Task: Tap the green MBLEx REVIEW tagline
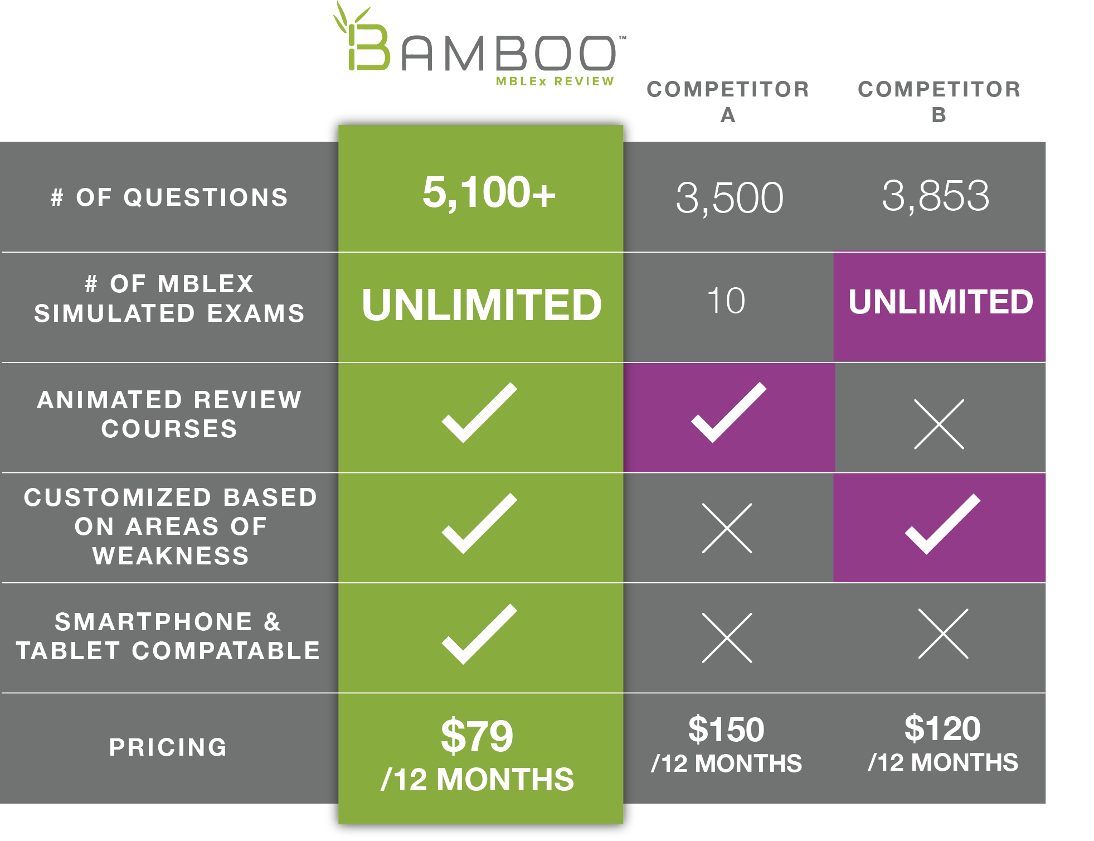coord(555,81)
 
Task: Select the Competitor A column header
coord(728,101)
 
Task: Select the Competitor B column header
coord(939,101)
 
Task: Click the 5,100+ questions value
coord(489,192)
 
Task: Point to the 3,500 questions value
coord(729,197)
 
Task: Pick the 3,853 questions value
coord(936,196)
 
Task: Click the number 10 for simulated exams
coord(726,301)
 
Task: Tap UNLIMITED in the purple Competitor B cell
coord(941,302)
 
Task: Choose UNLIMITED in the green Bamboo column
coord(482,304)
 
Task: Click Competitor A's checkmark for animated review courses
coord(728,413)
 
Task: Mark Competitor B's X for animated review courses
coord(939,424)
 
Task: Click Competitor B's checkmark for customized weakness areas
coord(942,524)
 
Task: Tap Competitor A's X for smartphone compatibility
coord(727,638)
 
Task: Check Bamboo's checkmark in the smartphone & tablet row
coord(479,634)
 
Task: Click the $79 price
coord(477,736)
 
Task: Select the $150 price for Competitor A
coord(726,729)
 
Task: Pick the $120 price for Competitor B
coord(942,728)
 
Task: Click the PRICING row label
coord(168,747)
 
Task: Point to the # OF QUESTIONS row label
coord(169,197)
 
